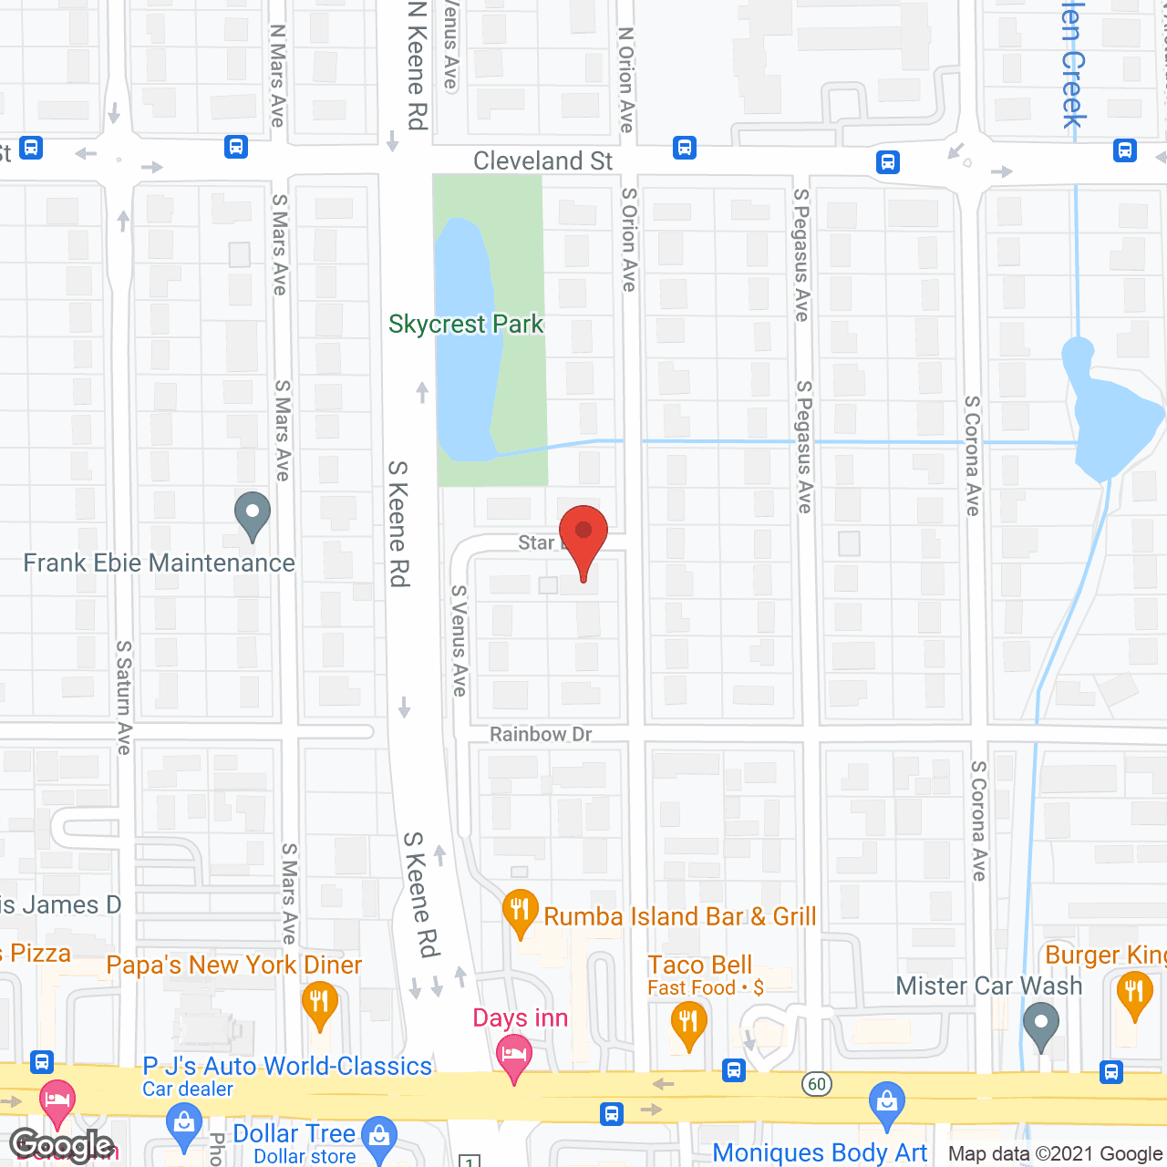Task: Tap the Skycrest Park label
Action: [x=465, y=325]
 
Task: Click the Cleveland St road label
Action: [x=542, y=161]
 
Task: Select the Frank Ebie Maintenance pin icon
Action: [x=253, y=515]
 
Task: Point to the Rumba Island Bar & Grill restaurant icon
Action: [x=520, y=913]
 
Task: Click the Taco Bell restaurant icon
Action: [x=688, y=1023]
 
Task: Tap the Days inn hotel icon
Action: [x=514, y=1059]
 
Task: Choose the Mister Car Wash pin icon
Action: [x=1040, y=1025]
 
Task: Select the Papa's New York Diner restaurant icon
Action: [x=319, y=1003]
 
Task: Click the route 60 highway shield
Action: [x=817, y=1084]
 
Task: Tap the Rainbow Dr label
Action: [x=541, y=735]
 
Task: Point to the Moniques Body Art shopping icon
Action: [x=885, y=1105]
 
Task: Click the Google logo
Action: [x=61, y=1145]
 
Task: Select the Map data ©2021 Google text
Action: [x=1056, y=1154]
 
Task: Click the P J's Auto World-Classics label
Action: [x=287, y=1066]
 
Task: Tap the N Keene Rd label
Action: [x=418, y=66]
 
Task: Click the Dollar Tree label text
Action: [x=294, y=1133]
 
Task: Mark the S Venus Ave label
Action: [x=460, y=640]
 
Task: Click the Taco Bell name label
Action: [x=699, y=965]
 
